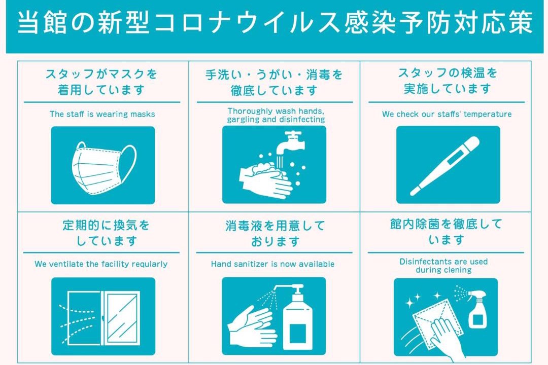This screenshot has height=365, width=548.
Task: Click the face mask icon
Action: point(104,168)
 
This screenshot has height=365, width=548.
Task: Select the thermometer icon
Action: point(444,166)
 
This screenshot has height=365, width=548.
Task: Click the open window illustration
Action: point(104,318)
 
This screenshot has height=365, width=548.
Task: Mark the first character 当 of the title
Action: point(27,23)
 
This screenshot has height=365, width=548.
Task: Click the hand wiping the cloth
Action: point(448,337)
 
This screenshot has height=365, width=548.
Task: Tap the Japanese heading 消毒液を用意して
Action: point(275,226)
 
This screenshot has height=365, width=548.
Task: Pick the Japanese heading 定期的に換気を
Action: point(106,225)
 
